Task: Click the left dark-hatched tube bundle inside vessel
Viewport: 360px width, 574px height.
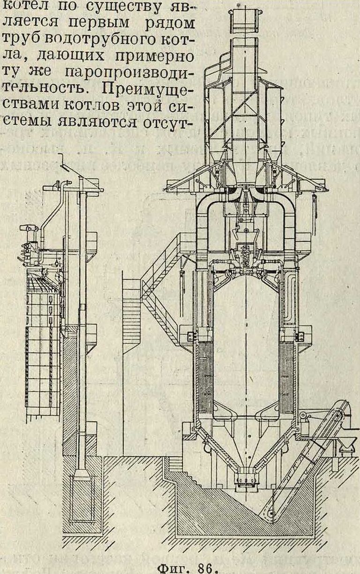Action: pyautogui.click(x=205, y=375)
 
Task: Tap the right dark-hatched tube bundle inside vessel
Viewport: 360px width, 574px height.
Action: pyautogui.click(x=286, y=375)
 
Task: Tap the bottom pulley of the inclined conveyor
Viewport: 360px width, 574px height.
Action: pyautogui.click(x=269, y=513)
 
